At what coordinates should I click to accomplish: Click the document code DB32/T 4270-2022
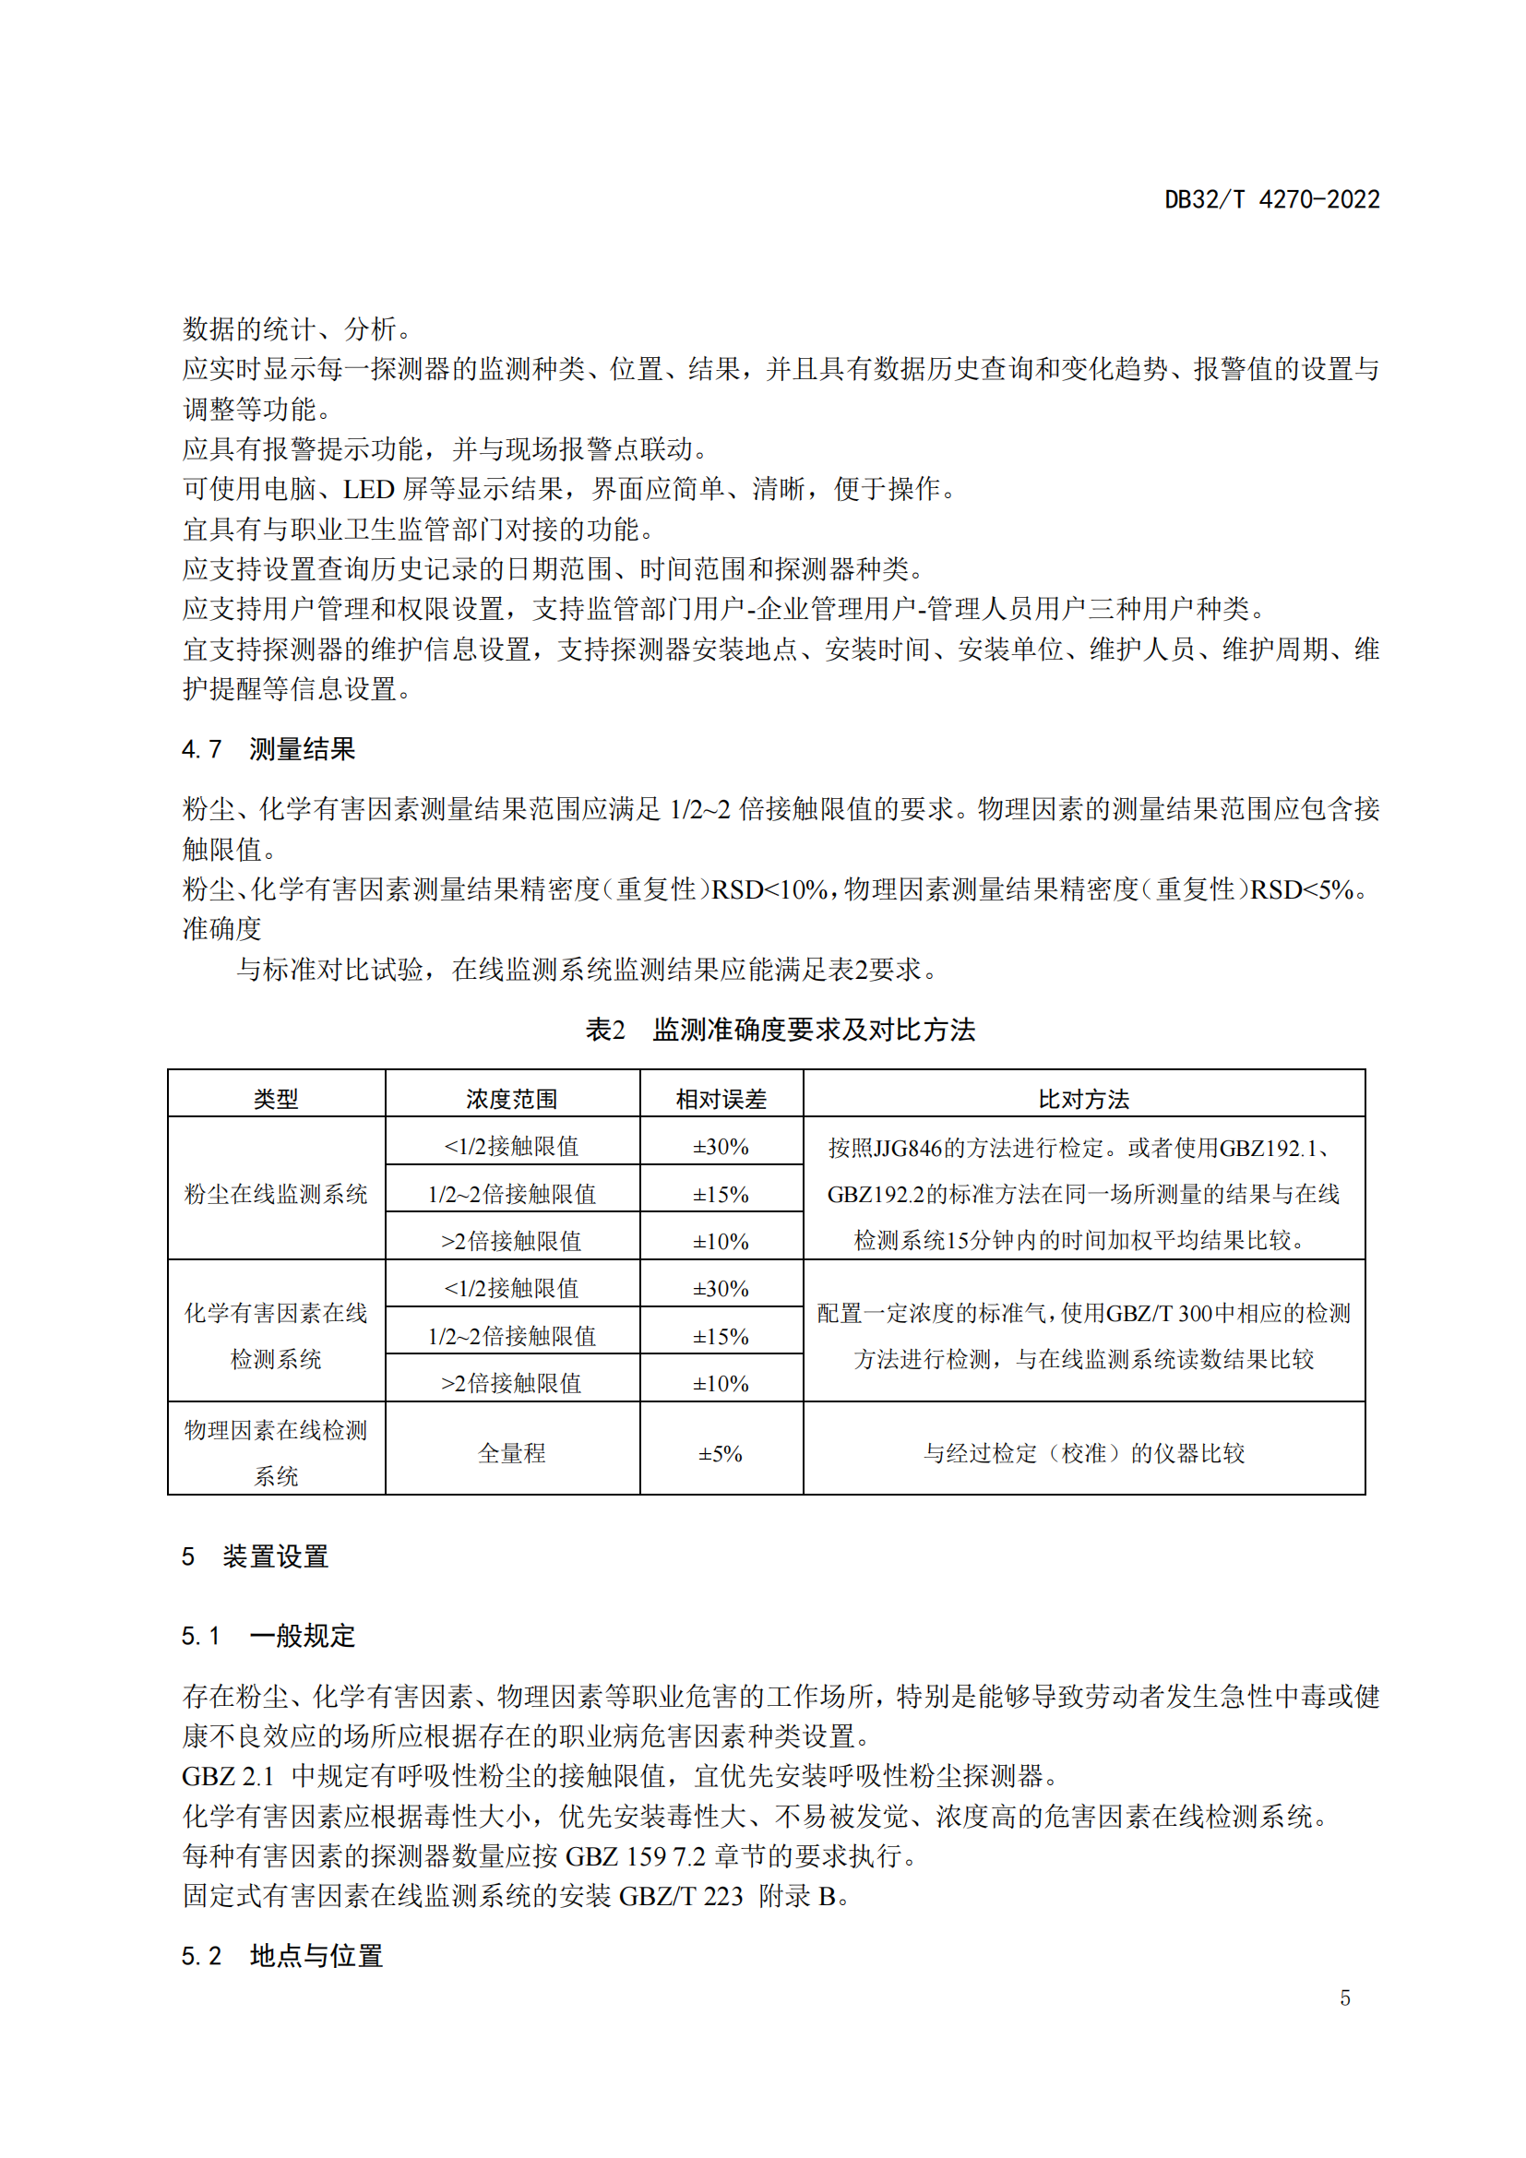click(1271, 199)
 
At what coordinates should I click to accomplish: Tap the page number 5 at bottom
click(1344, 1998)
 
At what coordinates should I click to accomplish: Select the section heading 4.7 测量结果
click(268, 749)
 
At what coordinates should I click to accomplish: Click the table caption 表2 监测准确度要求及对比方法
click(780, 1030)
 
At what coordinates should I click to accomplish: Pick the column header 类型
click(275, 1099)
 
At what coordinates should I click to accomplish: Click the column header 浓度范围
click(511, 1099)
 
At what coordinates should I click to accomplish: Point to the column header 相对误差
click(721, 1099)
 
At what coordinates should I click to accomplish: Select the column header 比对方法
click(1083, 1099)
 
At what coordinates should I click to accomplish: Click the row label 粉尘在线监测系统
click(275, 1194)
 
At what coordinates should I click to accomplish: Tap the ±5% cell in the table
click(721, 1454)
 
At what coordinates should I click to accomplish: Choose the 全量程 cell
click(511, 1453)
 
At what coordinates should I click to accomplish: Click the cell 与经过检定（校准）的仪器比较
click(1083, 1453)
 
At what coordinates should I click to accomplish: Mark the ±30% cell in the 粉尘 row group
click(721, 1147)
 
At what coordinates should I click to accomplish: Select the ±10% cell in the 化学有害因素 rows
click(721, 1384)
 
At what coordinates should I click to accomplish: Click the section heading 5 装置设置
click(256, 1556)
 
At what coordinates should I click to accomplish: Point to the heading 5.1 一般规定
click(268, 1636)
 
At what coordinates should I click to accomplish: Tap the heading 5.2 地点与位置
click(282, 1956)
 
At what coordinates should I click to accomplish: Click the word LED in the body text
click(368, 489)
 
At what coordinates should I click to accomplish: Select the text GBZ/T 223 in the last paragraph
click(680, 1896)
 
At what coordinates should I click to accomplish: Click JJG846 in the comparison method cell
click(908, 1148)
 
